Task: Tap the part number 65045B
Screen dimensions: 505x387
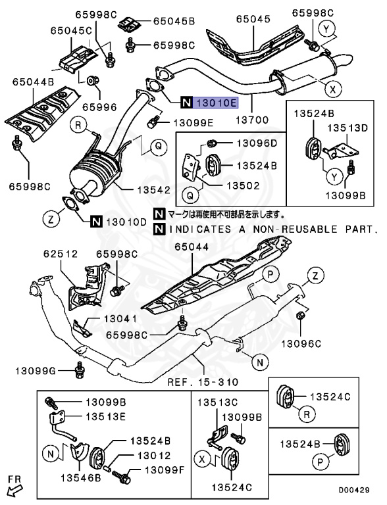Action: (x=174, y=22)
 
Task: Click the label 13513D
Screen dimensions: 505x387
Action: (x=349, y=128)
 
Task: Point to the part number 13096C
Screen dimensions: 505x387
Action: (x=302, y=343)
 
